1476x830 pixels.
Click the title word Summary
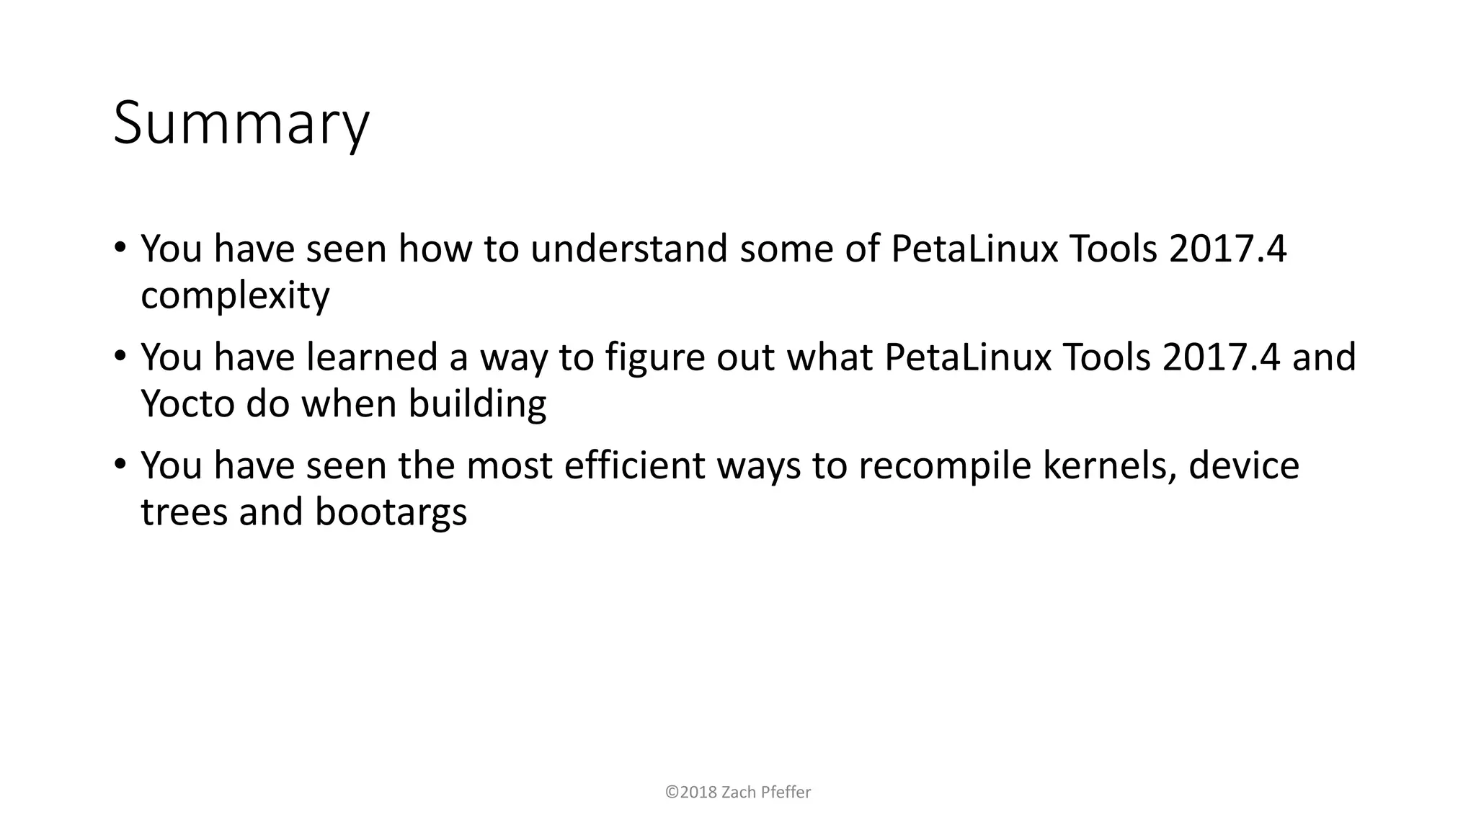click(x=241, y=124)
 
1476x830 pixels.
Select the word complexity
click(x=235, y=296)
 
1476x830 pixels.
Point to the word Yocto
click(x=187, y=404)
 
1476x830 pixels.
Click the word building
click(x=477, y=404)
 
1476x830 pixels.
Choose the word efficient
click(x=634, y=465)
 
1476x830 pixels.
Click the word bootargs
click(x=391, y=512)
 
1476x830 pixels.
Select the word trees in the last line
click(x=184, y=512)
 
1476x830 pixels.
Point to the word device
click(x=1243, y=465)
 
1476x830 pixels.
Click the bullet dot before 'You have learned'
click(x=120, y=355)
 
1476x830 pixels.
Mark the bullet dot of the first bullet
click(x=120, y=247)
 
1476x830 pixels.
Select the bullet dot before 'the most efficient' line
click(x=120, y=463)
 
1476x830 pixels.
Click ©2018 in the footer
click(x=690, y=793)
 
